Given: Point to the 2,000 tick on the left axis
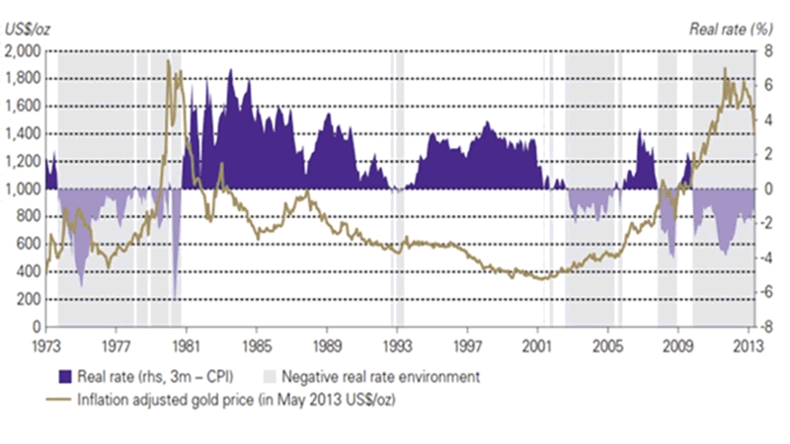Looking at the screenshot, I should pos(24,50).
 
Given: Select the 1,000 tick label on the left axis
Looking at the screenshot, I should pos(24,188).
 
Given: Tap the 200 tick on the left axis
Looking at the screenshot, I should pos(31,299).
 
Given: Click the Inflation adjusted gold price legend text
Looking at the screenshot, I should pos(218,400).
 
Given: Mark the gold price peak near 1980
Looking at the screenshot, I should pos(169,61).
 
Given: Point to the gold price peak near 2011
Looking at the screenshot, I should pos(726,70).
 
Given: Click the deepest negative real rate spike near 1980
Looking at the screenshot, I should pos(175,297).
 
